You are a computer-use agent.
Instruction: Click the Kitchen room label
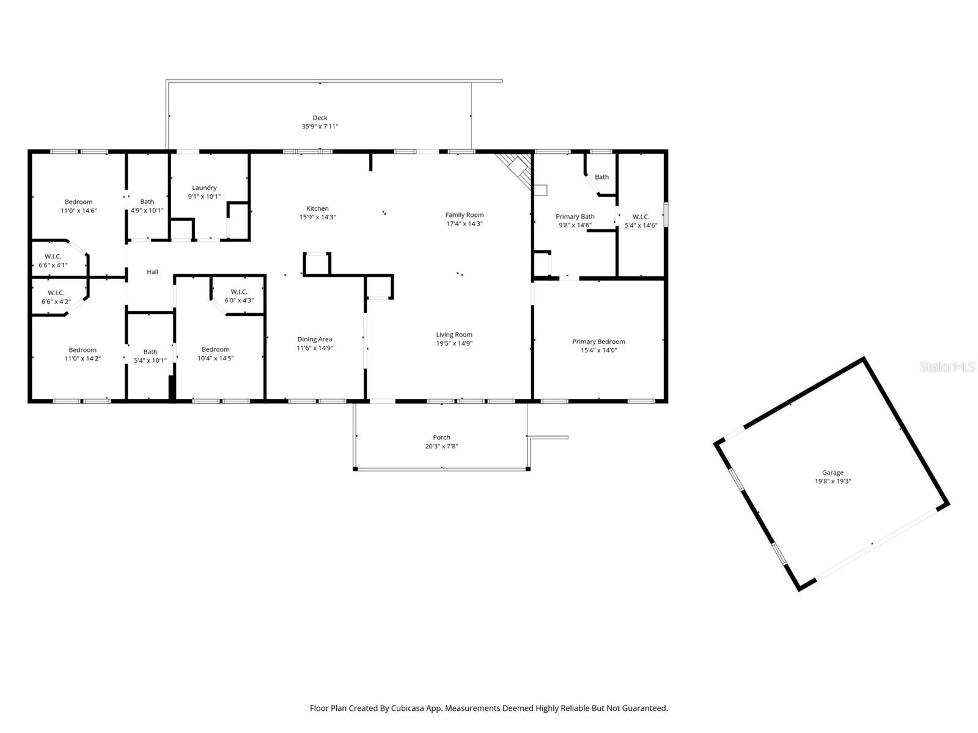tap(317, 208)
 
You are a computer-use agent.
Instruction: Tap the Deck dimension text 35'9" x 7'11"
tap(320, 126)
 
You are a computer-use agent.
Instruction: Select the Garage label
tap(832, 472)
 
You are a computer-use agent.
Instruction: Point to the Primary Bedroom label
tap(598, 341)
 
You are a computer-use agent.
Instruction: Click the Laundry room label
tap(204, 188)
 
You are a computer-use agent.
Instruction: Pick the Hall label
tap(152, 272)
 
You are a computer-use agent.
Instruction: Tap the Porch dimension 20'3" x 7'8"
tap(441, 446)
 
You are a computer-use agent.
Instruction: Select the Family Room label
tap(464, 214)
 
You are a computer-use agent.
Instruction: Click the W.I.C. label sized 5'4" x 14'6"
tap(641, 217)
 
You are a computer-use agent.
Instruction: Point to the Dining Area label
tap(315, 339)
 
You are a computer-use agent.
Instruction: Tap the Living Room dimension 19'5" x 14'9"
tap(454, 343)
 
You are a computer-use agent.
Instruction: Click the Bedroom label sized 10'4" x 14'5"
tap(215, 349)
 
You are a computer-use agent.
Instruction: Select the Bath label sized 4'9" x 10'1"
tap(147, 202)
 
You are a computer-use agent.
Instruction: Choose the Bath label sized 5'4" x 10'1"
tap(150, 352)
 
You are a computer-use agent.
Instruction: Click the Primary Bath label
tap(575, 216)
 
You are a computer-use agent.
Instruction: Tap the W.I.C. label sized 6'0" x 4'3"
tap(238, 291)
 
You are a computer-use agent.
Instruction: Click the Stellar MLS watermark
tap(947, 367)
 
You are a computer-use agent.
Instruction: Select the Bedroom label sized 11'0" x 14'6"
tap(78, 202)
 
